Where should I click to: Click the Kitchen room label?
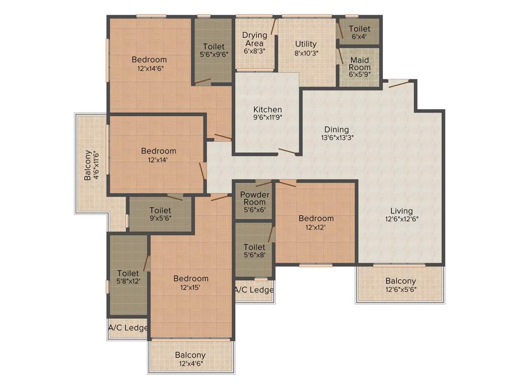point(268,113)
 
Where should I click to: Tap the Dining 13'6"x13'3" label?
point(336,133)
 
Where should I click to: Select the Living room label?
point(401,215)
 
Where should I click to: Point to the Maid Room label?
point(360,67)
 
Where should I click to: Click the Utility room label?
point(306,47)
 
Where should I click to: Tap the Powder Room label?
point(254,202)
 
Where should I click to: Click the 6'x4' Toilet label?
point(359,32)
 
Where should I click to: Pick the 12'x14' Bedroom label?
point(159,155)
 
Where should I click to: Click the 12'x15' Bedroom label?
point(191,282)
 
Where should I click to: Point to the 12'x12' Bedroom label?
point(316,222)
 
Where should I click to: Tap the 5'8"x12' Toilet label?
point(128,277)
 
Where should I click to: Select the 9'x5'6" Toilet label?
point(160,214)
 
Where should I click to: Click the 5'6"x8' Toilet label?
point(254,251)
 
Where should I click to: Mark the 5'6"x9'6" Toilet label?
point(214,51)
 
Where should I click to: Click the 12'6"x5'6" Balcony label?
point(401,285)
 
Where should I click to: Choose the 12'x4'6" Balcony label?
point(190,359)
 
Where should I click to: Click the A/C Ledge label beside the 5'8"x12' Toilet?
point(128,328)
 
